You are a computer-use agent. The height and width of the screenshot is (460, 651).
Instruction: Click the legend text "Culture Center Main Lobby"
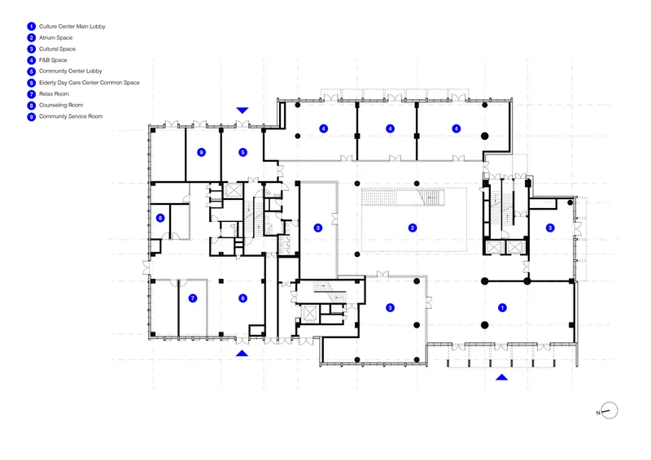coord(72,27)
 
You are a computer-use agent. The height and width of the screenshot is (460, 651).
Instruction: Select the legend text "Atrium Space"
coord(55,37)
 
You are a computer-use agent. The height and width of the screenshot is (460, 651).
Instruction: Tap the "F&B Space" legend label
coord(53,60)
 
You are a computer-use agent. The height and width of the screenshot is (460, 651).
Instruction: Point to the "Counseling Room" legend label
coord(61,106)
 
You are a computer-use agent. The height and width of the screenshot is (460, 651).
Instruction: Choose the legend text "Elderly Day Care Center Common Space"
coord(90,83)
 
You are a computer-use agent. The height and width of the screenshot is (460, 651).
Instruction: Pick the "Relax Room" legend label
coord(54,94)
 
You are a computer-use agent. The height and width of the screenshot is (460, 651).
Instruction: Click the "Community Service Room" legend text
coord(71,116)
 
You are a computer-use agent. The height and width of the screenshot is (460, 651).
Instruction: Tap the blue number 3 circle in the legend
coord(32,50)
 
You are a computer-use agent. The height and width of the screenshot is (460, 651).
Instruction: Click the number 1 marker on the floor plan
coord(502,308)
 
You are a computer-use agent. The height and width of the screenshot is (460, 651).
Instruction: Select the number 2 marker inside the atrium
coord(413,228)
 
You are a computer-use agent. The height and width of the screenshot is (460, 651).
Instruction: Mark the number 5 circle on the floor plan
coord(242,153)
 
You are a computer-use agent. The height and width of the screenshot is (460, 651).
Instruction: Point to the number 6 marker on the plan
coord(242,298)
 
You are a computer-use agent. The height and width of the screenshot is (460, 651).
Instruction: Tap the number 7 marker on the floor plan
coord(193,298)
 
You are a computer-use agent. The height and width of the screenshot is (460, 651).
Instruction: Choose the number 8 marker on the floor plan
coord(160,218)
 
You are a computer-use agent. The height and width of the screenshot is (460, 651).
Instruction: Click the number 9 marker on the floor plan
coord(201,153)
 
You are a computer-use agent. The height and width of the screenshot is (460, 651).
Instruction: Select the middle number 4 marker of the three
coord(391,128)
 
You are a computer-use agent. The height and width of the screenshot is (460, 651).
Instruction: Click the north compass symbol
coord(609,411)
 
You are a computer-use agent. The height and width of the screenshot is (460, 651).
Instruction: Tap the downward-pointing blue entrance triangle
coord(242,110)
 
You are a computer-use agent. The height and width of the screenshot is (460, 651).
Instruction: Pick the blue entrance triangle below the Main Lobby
coord(502,377)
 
